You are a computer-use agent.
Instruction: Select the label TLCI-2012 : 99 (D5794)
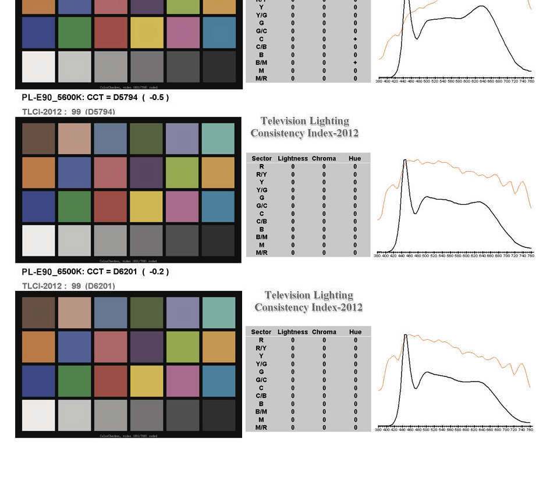tap(68, 112)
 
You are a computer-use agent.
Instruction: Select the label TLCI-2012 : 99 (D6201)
tap(68, 286)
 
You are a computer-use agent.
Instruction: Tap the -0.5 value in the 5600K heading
tap(156, 98)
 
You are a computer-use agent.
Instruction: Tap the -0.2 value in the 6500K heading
tap(156, 272)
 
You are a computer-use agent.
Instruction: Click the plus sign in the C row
tap(355, 39)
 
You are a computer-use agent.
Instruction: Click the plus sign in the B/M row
tap(355, 63)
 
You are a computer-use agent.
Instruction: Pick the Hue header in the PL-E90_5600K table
tap(355, 158)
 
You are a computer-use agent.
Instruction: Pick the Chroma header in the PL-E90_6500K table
tap(324, 332)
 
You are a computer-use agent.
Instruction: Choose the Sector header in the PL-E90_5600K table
tap(262, 158)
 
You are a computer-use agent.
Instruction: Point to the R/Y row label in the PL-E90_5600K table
tap(262, 175)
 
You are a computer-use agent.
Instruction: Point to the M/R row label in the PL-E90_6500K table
tap(261, 428)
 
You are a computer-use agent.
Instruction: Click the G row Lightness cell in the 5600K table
tap(293, 198)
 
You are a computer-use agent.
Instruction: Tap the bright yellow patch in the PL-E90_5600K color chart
tap(147, 207)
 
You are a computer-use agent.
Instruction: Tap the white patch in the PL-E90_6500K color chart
tap(38, 415)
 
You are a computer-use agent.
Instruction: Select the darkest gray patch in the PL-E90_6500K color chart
tap(219, 415)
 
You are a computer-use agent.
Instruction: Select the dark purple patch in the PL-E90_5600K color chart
tap(147, 173)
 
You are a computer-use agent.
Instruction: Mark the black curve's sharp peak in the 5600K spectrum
tap(404, 161)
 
